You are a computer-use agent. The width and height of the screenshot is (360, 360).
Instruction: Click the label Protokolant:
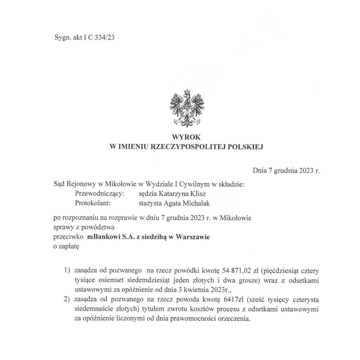pos(93,203)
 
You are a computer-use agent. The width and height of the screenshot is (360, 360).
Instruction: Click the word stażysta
pos(148,203)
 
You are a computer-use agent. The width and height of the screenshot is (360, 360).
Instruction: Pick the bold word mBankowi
pos(102,237)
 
